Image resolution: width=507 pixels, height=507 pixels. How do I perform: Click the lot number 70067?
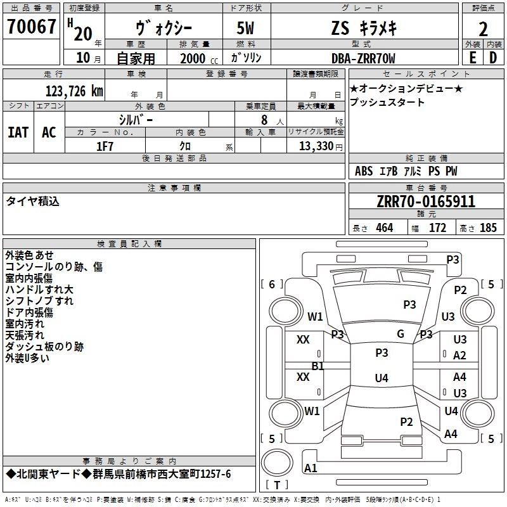31,26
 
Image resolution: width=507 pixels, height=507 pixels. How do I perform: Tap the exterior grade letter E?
472,58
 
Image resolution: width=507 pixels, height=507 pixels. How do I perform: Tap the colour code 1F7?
105,146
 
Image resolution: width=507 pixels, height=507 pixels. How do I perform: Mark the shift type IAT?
18,132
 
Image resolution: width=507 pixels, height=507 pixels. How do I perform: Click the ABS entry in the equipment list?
364,171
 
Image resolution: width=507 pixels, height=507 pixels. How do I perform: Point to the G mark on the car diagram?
401,334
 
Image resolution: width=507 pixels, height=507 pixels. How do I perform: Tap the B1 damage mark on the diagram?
318,366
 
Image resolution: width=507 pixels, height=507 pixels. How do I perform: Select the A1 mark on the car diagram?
311,468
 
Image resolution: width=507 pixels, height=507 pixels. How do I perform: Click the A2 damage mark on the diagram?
460,356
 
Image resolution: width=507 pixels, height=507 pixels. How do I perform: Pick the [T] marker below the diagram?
276,485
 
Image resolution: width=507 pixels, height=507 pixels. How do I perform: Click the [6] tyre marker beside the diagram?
272,285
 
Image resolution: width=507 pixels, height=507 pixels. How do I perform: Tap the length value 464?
384,228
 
